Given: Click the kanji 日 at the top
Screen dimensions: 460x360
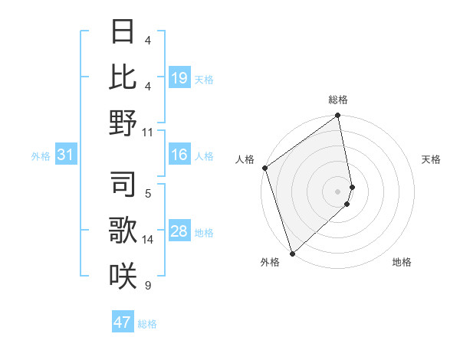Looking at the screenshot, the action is coord(123,31).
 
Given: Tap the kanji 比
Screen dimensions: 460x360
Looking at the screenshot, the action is coord(123,77).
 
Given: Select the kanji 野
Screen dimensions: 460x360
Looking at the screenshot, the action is coord(123,123).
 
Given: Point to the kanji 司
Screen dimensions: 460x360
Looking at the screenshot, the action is coord(123,184).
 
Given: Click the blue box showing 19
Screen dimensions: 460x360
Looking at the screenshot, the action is coord(179,78).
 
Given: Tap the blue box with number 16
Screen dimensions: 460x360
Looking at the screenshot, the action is coord(179,155).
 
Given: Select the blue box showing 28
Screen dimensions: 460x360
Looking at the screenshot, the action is coord(179,232).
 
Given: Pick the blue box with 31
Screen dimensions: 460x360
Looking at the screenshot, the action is coord(66,155).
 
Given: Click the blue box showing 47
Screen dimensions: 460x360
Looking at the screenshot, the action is coord(123,322).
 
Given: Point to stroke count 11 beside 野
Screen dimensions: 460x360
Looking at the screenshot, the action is coord(148,132).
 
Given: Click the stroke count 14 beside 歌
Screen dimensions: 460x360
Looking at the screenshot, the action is coord(148,240).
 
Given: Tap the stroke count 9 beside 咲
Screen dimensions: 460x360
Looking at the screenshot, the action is coord(148,286).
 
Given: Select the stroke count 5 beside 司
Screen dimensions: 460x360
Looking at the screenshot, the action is coord(148,194).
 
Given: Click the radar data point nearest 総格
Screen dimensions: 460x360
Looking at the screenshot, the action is coord(337,116).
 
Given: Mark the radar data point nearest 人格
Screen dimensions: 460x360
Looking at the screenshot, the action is coord(264,168).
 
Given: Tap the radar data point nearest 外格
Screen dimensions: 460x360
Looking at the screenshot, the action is coord(292,253).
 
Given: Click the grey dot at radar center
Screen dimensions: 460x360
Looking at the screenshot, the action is coord(337,191).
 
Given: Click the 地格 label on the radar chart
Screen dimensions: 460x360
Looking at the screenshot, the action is coord(402,262).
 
